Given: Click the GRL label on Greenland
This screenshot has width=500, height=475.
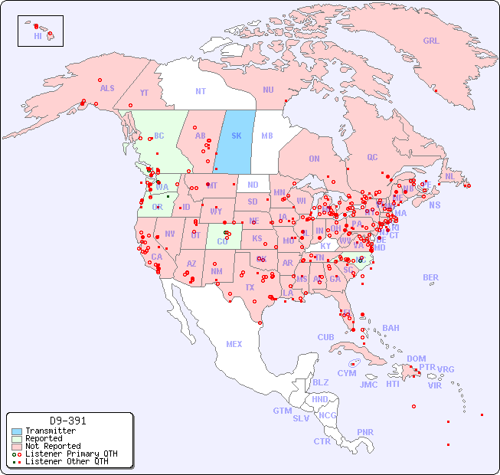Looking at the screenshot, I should tap(431, 41).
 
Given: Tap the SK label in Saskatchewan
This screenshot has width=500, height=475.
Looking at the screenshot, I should tap(237, 136).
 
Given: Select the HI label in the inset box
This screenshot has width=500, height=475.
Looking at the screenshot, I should tap(38, 36).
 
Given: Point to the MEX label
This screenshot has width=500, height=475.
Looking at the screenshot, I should tap(234, 344).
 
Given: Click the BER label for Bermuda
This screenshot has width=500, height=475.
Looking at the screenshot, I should tap(431, 277).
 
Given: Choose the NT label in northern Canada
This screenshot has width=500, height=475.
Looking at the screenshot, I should tap(201, 90).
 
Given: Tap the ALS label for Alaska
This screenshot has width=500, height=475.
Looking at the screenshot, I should tap(107, 88).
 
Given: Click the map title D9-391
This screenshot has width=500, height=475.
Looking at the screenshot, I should tap(68, 421).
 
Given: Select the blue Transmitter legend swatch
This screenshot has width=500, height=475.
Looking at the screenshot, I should tap(17, 431).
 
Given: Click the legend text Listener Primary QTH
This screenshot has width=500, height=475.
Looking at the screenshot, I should tap(71, 454).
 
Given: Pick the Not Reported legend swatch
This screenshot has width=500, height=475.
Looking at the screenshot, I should tap(17, 446).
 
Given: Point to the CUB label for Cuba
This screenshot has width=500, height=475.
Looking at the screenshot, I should tap(325, 337).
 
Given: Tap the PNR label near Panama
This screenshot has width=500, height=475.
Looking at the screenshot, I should tap(365, 432).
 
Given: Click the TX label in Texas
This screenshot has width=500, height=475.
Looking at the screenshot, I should tap(250, 287).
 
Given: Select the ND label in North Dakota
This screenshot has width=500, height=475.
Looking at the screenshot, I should tap(253, 185).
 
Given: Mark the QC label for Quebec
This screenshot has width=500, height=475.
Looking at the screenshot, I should tap(372, 157).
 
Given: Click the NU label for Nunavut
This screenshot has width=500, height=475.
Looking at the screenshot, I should tap(268, 90).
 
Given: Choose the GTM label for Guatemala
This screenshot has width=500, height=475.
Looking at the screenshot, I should tap(282, 411).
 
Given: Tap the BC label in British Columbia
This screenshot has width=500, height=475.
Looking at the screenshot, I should tap(159, 136).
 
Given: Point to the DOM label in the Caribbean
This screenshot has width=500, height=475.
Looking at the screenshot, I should tap(416, 359).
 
